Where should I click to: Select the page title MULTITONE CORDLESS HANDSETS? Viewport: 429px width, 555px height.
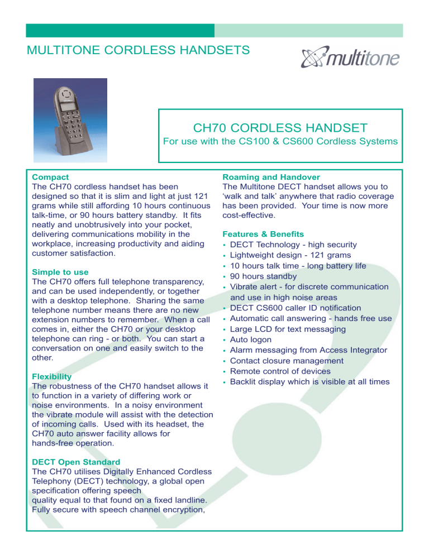(139, 51)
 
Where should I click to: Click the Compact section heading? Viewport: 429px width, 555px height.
(51, 176)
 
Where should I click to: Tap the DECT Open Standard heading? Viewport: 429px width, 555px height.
(76, 462)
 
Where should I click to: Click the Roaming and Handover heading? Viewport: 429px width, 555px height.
(271, 176)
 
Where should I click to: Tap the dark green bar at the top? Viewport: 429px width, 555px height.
(120, 30)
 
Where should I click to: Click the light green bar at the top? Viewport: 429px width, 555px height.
(308, 30)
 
